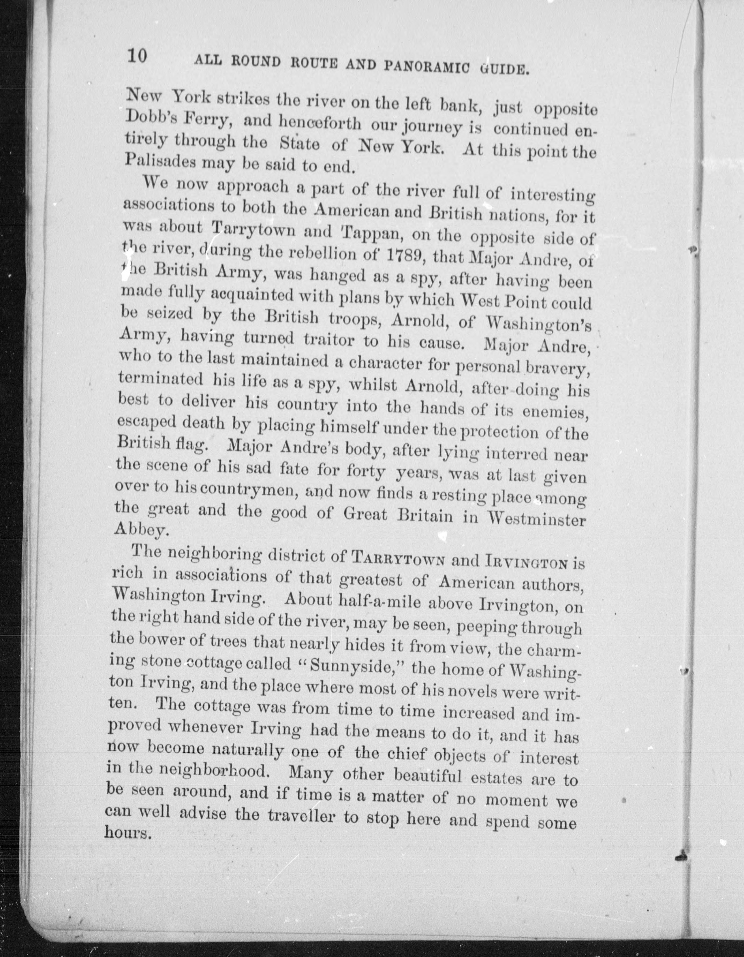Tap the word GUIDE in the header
click(504, 69)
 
